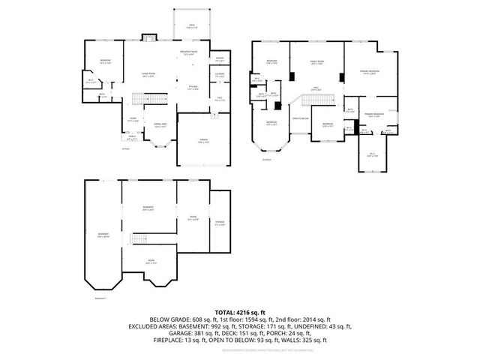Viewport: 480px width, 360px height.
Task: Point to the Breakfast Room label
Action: (x=193, y=53)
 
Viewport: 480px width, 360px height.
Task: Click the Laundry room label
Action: (x=220, y=74)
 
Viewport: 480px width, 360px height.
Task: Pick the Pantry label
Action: (x=220, y=58)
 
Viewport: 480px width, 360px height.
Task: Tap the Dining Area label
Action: (x=159, y=124)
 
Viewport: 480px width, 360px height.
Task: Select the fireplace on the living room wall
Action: (x=148, y=37)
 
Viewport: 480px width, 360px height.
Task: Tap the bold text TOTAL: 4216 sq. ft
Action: (x=240, y=310)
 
